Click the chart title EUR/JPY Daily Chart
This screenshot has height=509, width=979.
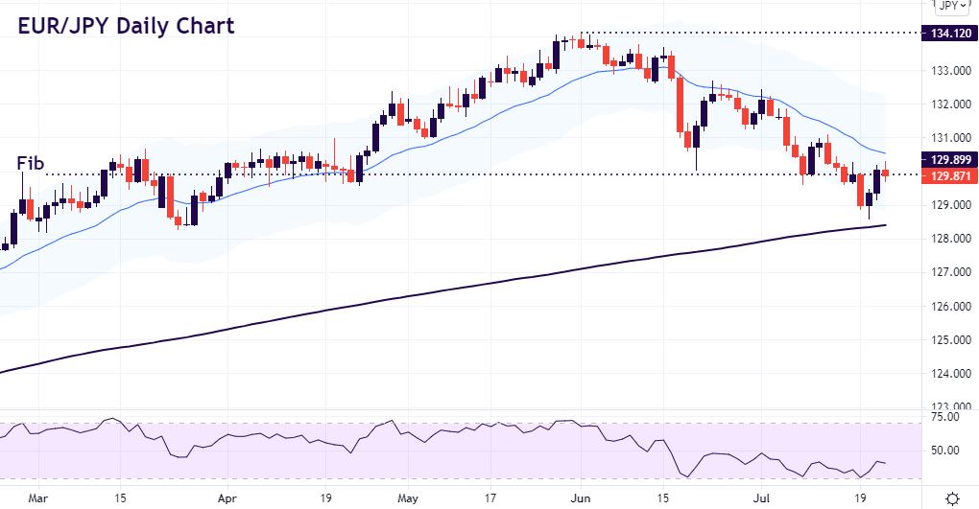[x=126, y=26]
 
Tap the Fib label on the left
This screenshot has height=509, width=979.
[x=31, y=165]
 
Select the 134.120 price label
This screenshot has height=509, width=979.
[x=949, y=34]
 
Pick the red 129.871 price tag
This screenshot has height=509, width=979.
[x=949, y=176]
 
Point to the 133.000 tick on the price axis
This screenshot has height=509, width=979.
[x=949, y=71]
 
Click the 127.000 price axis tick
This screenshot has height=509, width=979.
[x=949, y=272]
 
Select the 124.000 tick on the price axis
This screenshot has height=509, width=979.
[x=949, y=374]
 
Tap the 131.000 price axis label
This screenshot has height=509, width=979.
[x=949, y=138]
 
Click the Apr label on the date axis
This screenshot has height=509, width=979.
[x=227, y=498]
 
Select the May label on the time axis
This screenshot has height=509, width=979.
[x=408, y=498]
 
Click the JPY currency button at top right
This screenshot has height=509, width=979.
[x=949, y=6]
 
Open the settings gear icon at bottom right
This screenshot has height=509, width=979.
[x=952, y=498]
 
